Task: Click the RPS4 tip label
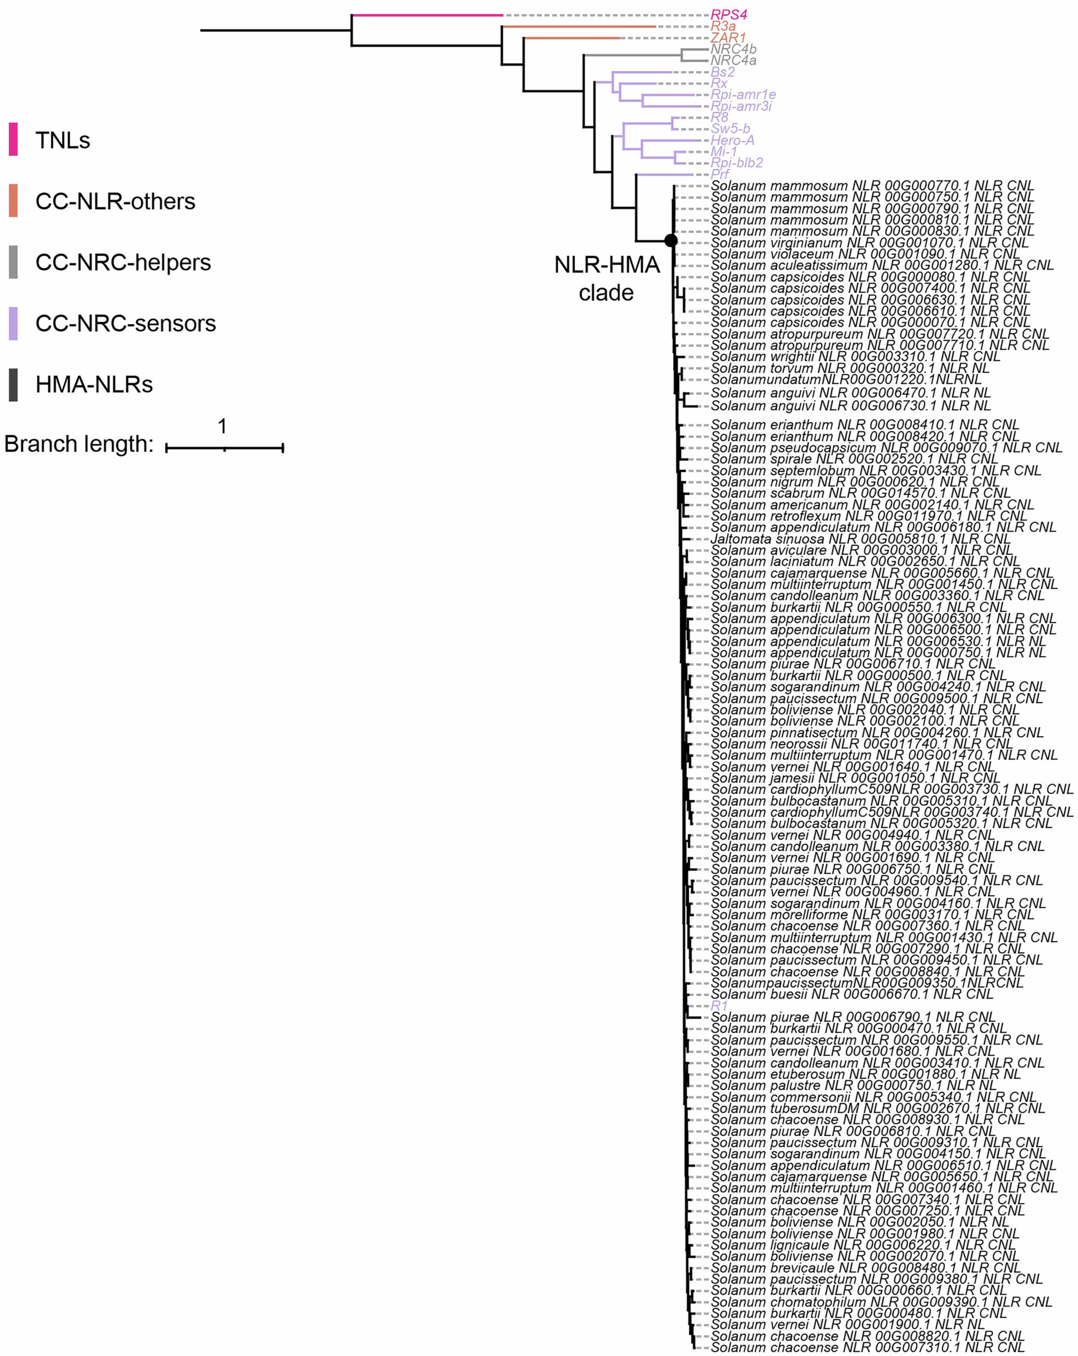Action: [x=728, y=15]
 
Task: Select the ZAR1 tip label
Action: [x=728, y=38]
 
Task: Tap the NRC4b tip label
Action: [x=733, y=49]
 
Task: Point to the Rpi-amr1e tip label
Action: [x=743, y=94]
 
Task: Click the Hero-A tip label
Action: [x=732, y=140]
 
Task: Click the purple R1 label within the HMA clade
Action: [x=719, y=1006]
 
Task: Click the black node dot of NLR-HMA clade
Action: [x=671, y=240]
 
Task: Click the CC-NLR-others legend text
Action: [x=115, y=201]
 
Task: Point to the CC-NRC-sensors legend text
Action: [x=125, y=323]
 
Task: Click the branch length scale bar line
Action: [x=225, y=448]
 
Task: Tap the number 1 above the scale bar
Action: [x=222, y=427]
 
